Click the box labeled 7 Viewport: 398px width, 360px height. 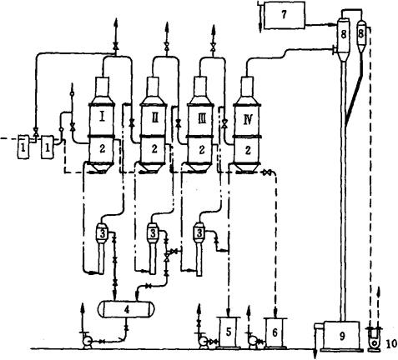click(x=284, y=15)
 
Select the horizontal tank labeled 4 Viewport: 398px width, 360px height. click(x=126, y=309)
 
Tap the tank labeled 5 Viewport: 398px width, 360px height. click(x=229, y=332)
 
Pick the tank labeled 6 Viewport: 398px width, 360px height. click(x=275, y=332)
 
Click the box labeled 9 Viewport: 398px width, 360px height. click(x=342, y=336)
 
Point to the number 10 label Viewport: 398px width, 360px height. click(x=392, y=344)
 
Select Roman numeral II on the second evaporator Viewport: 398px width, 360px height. click(x=155, y=118)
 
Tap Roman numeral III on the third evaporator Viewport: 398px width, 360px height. click(x=201, y=119)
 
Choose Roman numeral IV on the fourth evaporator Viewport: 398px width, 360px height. click(x=248, y=120)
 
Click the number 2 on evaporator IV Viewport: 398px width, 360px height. click(x=248, y=150)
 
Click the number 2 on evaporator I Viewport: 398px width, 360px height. click(x=102, y=149)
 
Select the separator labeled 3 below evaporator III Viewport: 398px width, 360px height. click(x=199, y=247)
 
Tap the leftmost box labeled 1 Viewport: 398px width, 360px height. click(x=23, y=147)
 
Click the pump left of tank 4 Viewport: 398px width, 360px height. click(x=88, y=341)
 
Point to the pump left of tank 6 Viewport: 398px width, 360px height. click(x=253, y=341)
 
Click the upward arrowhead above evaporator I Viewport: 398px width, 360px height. click(x=116, y=22)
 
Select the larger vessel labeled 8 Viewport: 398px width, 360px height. click(x=343, y=36)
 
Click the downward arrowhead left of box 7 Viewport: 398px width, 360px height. click(x=260, y=27)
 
